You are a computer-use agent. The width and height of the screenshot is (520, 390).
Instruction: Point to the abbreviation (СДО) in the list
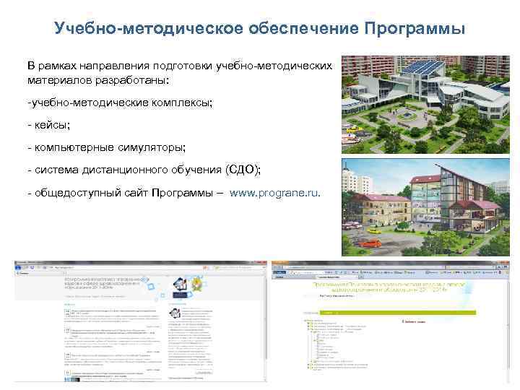tap(243, 170)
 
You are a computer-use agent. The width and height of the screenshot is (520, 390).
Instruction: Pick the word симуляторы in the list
tap(151, 147)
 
